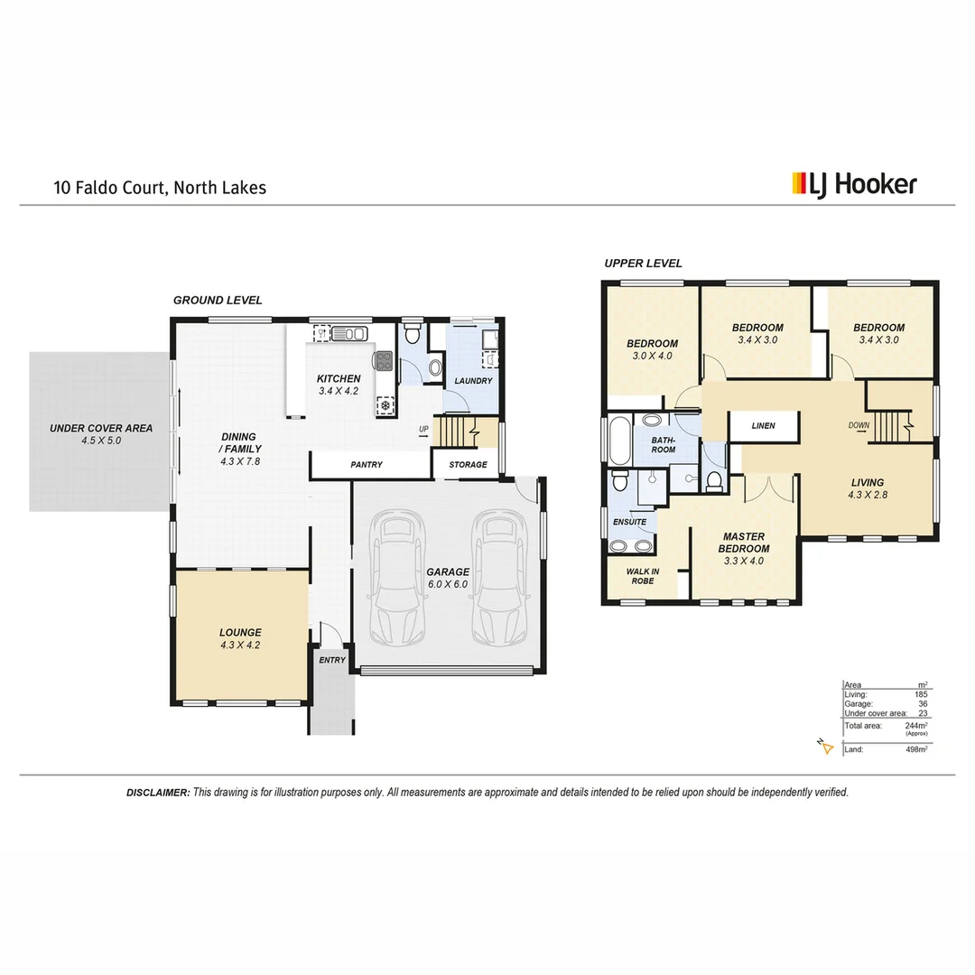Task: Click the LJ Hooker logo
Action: [x=853, y=184]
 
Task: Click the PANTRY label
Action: [x=367, y=465]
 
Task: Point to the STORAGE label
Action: [x=468, y=465]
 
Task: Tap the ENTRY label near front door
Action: [x=331, y=660]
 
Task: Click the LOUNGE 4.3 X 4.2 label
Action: [x=240, y=638]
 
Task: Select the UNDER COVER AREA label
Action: [x=101, y=434]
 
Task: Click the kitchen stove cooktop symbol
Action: [x=385, y=361]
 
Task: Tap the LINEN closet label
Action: [x=763, y=425]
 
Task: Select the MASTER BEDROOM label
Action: [x=744, y=542]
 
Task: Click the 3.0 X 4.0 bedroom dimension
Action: [x=652, y=356]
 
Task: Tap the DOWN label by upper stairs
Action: [x=858, y=425]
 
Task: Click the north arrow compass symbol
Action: [x=822, y=745]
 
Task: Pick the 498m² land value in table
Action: [x=915, y=748]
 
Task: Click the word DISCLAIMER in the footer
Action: [x=158, y=792]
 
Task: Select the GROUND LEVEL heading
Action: [x=218, y=300]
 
